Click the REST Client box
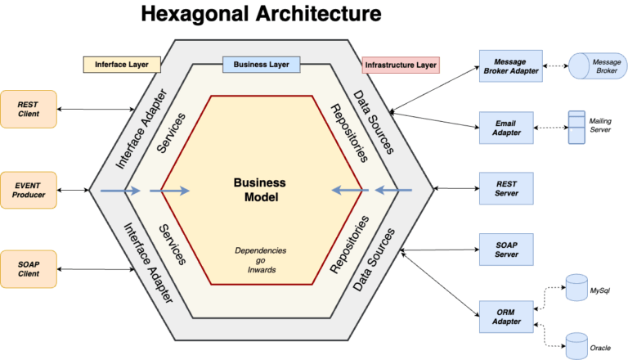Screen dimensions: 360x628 30,109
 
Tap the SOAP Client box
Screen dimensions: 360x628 30,268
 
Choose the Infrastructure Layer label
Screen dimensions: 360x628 401,64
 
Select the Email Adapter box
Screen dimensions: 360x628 506,128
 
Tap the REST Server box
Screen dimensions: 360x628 506,188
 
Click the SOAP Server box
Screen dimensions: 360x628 506,249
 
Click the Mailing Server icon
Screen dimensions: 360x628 576,128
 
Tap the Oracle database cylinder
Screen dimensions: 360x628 576,344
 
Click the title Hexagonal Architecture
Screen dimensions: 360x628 260,15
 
